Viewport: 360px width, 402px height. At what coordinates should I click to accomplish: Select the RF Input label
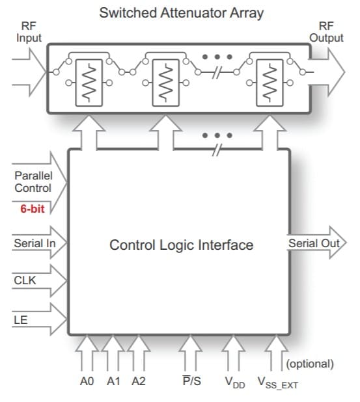pos(29,33)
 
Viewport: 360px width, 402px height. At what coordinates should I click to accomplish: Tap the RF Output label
pos(326,33)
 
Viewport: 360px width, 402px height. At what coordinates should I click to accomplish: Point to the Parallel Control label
pos(33,181)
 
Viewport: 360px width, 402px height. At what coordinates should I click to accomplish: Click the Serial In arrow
pos(35,244)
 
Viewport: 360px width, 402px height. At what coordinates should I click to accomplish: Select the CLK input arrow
pos(35,280)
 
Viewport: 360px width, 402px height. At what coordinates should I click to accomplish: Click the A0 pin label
pos(87,382)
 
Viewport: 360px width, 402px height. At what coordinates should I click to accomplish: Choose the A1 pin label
pos(113,382)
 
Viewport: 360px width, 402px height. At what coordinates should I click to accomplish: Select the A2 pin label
pos(139,382)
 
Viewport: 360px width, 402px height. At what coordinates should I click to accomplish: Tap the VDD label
pos(235,382)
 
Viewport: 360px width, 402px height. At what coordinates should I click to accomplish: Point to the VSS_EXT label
pos(278,383)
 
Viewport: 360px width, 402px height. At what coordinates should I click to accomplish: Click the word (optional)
pos(310,364)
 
